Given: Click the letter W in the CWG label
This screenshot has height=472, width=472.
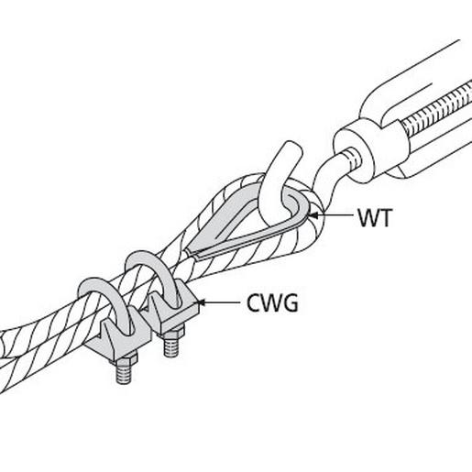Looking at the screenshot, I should pos(273,303).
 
